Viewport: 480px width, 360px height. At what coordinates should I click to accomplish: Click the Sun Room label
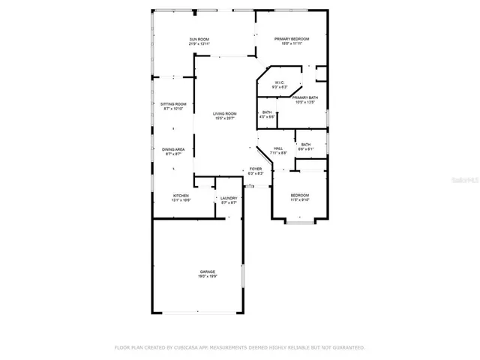pos(199,39)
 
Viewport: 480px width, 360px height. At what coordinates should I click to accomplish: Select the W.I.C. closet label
pos(278,82)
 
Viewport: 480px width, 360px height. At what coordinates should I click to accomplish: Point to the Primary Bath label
pos(305,97)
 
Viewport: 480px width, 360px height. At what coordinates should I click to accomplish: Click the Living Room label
pos(224,113)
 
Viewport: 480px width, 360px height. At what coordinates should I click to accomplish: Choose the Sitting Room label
pos(172,103)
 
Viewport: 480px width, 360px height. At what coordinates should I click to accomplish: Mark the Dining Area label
pos(173,149)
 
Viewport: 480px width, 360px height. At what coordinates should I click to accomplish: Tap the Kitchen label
pos(181,195)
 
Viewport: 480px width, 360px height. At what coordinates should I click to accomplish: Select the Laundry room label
pos(229,198)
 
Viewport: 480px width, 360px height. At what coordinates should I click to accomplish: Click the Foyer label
pos(256,169)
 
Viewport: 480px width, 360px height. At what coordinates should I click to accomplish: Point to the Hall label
pos(277,148)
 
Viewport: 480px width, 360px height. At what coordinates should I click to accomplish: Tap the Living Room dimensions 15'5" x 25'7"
pos(224,118)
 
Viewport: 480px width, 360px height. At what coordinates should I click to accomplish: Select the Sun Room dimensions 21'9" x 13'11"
pos(199,44)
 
